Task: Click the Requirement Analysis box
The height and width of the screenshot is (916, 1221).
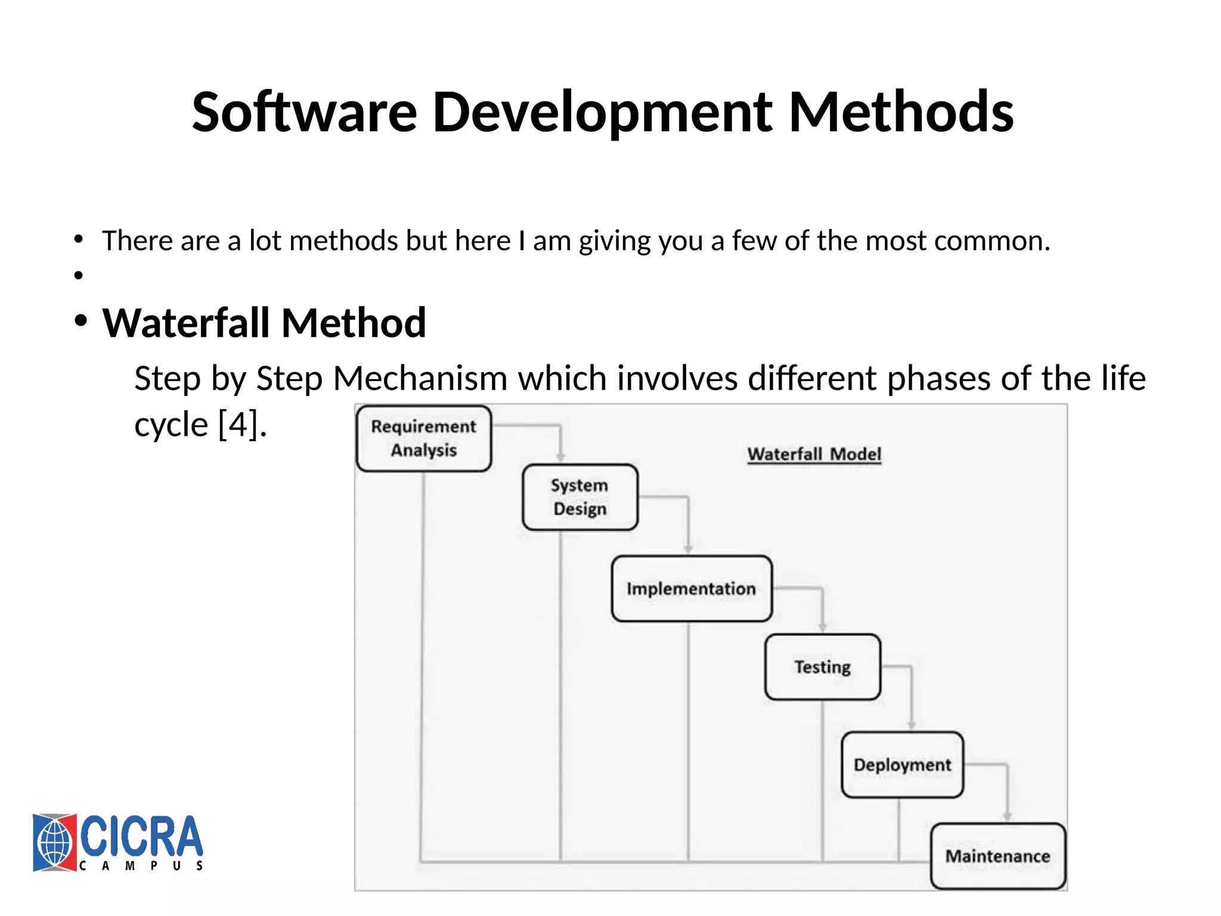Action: (x=423, y=438)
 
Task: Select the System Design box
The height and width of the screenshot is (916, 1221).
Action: (x=579, y=497)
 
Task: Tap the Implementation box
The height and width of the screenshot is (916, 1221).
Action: (x=691, y=589)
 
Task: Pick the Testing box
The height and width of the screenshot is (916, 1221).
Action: (x=822, y=667)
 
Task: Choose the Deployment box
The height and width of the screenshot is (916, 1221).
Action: (x=902, y=765)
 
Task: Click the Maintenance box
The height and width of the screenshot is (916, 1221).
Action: (x=997, y=856)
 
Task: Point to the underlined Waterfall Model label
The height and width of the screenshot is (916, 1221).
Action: (x=814, y=454)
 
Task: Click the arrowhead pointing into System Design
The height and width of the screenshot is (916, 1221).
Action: (x=560, y=457)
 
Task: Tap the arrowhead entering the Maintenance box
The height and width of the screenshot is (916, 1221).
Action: (x=1007, y=816)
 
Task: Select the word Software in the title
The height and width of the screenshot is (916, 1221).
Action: (x=304, y=112)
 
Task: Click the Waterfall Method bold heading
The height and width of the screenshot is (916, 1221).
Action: (x=264, y=323)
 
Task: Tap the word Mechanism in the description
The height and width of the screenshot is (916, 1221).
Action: (x=420, y=378)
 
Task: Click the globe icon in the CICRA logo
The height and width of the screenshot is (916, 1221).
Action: (x=54, y=843)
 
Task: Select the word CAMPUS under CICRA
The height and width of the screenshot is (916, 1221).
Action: (x=141, y=866)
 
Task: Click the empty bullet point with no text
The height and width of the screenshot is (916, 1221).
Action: (x=78, y=275)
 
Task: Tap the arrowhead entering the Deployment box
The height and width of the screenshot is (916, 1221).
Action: (x=911, y=725)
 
